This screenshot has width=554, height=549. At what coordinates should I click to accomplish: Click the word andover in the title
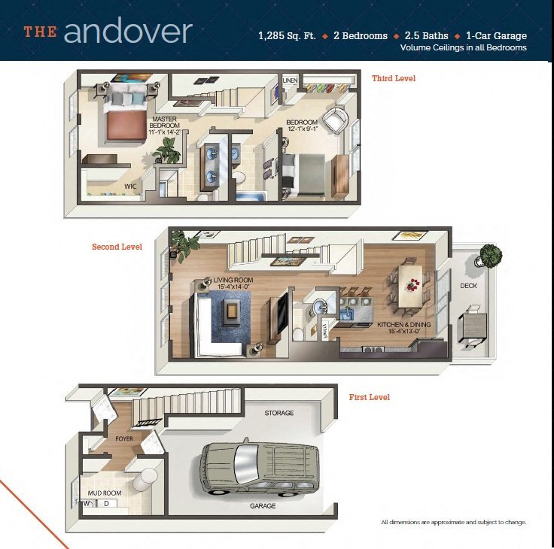point(128,32)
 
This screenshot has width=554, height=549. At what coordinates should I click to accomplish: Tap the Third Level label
point(393,78)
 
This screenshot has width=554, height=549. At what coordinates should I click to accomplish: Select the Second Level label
point(117,247)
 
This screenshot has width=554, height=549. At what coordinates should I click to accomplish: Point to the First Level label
point(369,397)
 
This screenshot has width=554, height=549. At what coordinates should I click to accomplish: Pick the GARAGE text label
point(263,506)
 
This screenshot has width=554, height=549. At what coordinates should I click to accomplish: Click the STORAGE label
point(279,413)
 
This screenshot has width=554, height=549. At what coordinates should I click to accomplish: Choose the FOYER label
point(124,438)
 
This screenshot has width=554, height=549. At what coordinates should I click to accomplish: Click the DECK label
point(468,286)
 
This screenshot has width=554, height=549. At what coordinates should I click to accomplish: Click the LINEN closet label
point(290,80)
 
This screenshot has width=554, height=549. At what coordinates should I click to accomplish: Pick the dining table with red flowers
point(411,285)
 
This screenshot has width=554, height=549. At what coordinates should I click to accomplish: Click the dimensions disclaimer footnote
point(453,522)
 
